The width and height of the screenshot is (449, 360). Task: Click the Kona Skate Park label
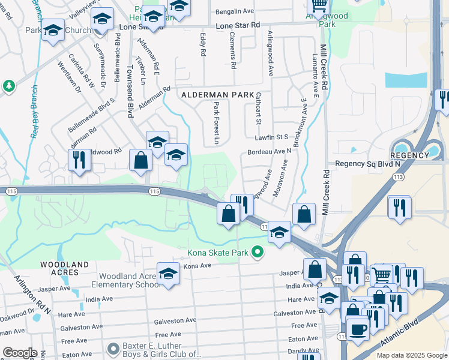(218, 253)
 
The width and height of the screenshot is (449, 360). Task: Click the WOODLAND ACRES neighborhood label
(64, 268)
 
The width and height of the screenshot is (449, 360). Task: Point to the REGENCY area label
(412, 155)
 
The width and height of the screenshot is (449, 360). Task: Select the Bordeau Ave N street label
(269, 151)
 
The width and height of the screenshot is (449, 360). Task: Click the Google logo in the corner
(19, 353)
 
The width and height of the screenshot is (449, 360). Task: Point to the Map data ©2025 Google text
(412, 355)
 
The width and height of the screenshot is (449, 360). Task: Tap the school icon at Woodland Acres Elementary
(169, 274)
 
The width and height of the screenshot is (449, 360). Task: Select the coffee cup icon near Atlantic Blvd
(359, 330)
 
